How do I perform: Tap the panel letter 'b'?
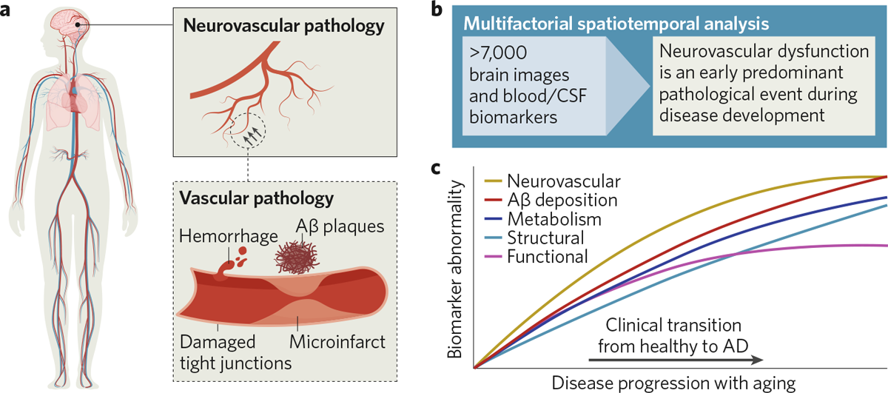click(438, 10)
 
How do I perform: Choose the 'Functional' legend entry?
click(547, 256)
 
